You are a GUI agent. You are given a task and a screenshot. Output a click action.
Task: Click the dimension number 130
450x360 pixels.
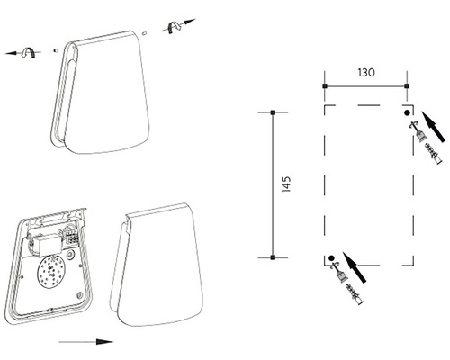pyautogui.click(x=366, y=73)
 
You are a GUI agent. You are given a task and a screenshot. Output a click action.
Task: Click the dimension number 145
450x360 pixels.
pyautogui.click(x=286, y=184)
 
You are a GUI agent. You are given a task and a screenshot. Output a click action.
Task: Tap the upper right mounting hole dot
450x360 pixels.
pyautogui.click(x=407, y=112)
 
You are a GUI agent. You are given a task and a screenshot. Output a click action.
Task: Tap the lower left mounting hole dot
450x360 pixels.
pyautogui.click(x=331, y=257)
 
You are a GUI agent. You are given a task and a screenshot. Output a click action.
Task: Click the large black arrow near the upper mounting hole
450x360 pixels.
pyautogui.click(x=433, y=127)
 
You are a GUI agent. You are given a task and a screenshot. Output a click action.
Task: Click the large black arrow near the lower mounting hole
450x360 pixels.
pyautogui.click(x=355, y=267)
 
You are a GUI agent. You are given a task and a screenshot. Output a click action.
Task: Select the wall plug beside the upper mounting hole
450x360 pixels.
pyautogui.click(x=434, y=154)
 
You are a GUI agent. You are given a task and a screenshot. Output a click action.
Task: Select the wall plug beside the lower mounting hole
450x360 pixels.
pyautogui.click(x=355, y=294)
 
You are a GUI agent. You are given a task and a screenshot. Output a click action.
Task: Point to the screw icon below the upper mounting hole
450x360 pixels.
pyautogui.click(x=418, y=131)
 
